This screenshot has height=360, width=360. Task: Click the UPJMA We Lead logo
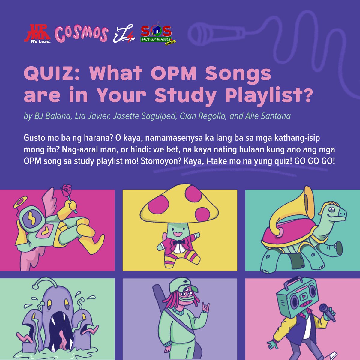coord(38,34)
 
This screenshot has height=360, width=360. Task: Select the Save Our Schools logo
coord(157,34)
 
